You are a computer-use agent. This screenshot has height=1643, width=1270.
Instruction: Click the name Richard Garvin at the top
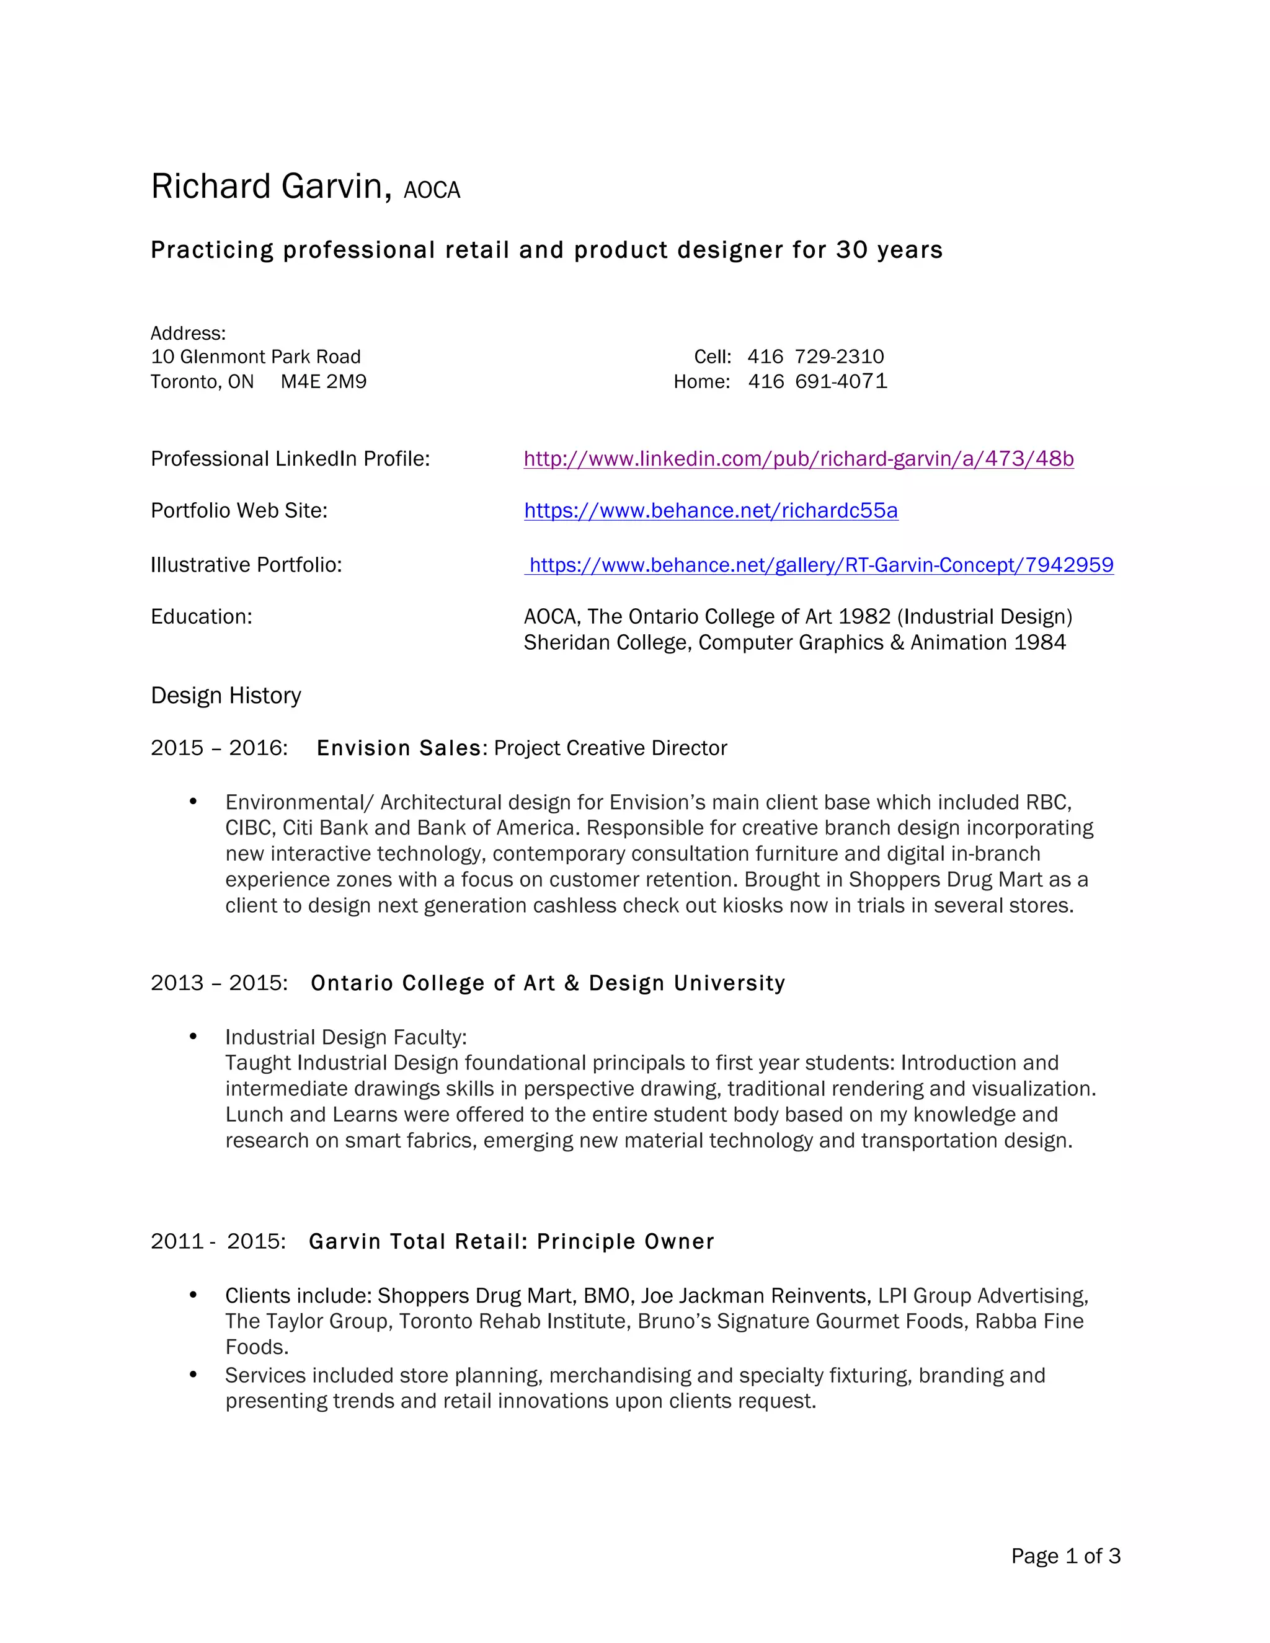point(271,187)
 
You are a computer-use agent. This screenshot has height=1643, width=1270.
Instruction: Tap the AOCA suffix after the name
point(431,190)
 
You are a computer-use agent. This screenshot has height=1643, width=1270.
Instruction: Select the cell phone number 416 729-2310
point(815,356)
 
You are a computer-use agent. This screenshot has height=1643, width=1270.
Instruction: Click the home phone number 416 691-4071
point(817,381)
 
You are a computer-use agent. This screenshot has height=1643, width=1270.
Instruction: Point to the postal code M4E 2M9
point(324,381)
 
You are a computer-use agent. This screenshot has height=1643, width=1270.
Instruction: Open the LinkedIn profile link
point(798,459)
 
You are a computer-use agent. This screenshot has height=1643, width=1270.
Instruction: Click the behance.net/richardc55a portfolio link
point(711,511)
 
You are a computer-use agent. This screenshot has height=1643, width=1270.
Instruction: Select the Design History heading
point(226,695)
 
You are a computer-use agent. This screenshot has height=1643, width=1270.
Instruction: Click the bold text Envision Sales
point(399,748)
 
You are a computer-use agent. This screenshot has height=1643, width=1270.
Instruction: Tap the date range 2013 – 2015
point(219,983)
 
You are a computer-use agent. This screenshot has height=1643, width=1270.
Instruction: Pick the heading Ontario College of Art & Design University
point(548,983)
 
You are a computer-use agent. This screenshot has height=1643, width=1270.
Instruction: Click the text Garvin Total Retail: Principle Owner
point(512,1241)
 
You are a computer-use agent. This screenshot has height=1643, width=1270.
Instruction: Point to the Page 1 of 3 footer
point(1065,1556)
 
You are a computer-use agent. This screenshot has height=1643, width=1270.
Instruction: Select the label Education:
point(202,617)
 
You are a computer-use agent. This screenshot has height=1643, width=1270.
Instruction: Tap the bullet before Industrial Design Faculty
point(193,1037)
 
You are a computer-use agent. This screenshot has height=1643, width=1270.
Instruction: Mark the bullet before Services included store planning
point(193,1375)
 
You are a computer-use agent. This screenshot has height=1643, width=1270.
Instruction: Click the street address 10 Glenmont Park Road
point(256,356)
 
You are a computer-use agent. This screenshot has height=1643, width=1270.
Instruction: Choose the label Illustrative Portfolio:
point(246,565)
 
